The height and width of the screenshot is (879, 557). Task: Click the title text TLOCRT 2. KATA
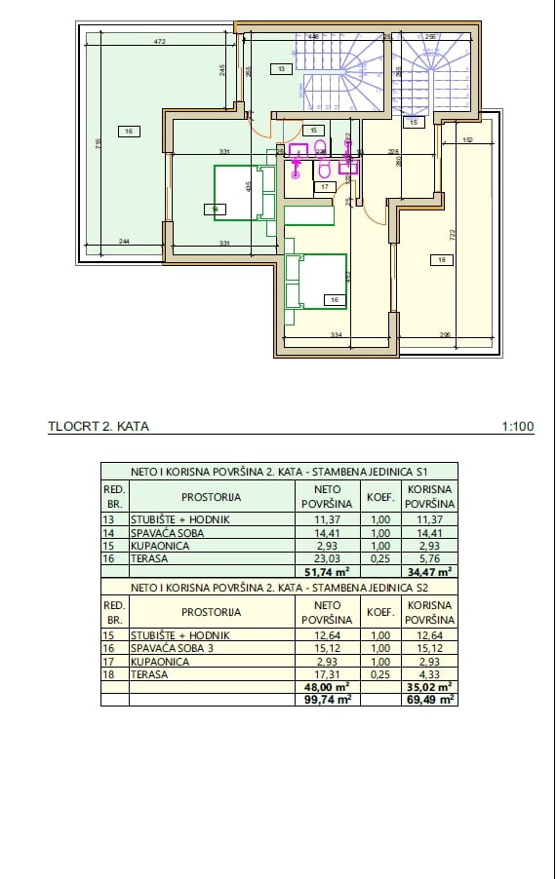tap(99, 426)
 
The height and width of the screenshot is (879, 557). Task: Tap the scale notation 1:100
tap(517, 426)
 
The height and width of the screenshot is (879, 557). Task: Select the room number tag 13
tap(280, 69)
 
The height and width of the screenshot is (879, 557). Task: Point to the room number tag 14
tap(213, 208)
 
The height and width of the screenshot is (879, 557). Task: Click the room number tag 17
tap(325, 186)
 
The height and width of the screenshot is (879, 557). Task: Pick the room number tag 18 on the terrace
tap(442, 259)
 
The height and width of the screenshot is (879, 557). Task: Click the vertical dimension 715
tap(98, 143)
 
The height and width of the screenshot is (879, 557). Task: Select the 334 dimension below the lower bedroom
tap(336, 335)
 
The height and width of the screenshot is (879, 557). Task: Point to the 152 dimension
tap(467, 140)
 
